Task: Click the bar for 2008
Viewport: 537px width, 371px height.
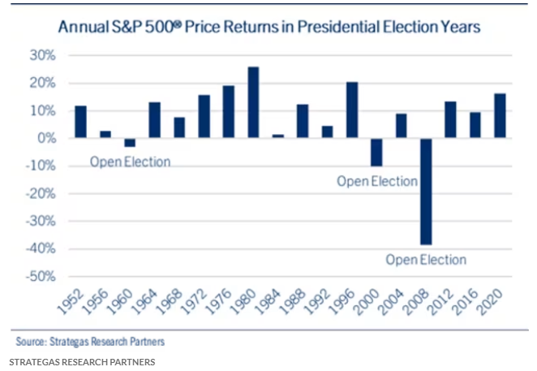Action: pos(426,191)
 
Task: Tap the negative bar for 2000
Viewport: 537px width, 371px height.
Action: pos(376,152)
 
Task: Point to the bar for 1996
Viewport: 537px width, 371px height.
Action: pos(352,110)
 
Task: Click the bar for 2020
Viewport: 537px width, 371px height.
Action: pos(500,115)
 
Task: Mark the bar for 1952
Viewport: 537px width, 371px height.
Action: pos(81,122)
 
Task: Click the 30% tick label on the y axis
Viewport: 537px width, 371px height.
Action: pos(45,56)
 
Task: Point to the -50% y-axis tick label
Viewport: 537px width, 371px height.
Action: pos(42,277)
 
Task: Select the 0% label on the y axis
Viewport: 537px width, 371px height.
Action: pos(48,139)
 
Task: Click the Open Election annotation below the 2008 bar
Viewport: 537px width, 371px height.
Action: pos(426,260)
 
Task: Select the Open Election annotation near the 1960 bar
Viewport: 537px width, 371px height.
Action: pos(131,161)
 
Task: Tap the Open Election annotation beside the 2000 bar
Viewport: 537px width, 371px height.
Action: pos(377,180)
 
